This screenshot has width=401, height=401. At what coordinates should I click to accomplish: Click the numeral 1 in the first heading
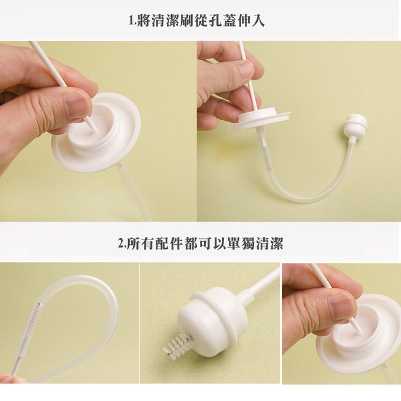click(131, 21)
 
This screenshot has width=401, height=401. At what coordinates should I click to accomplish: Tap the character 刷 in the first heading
click(188, 21)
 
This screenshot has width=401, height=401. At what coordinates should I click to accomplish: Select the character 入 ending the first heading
click(258, 21)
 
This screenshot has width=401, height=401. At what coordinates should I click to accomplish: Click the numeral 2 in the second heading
click(120, 243)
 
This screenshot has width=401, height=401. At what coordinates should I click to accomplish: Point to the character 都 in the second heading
click(190, 243)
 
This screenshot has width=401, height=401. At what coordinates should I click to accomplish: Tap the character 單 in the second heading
click(233, 243)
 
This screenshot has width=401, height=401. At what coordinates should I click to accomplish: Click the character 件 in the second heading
click(176, 243)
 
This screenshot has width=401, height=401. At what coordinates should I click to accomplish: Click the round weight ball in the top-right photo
click(357, 125)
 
